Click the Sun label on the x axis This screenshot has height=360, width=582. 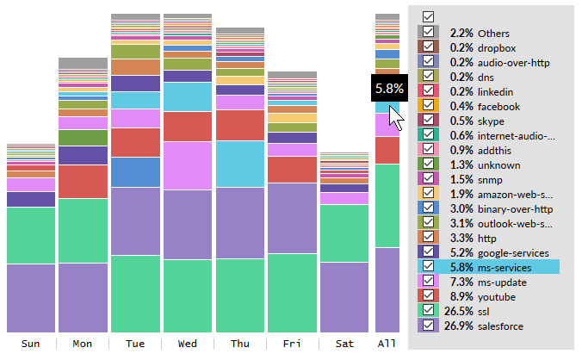pos(30,344)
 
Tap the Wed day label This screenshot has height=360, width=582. pos(187,344)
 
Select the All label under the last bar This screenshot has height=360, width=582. pos(387,344)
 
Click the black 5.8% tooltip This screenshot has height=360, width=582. pos(388,89)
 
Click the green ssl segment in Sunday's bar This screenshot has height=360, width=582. pos(30,234)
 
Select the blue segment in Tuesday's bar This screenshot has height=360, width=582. pos(135,171)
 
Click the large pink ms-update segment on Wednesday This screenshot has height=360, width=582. pos(187,164)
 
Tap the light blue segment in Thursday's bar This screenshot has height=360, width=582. pos(239,163)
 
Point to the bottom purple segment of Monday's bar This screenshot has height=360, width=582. pos(83,297)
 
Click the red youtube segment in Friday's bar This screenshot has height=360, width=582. pos(292,169)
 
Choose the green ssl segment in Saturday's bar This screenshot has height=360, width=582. pos(344,233)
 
